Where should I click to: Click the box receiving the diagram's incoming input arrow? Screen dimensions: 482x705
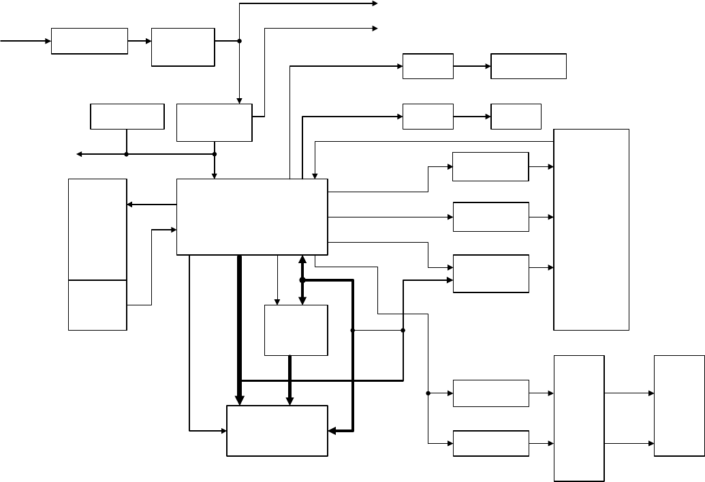coord(89,41)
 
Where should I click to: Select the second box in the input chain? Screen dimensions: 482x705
coord(183,47)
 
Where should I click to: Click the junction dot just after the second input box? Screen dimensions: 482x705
coord(240,41)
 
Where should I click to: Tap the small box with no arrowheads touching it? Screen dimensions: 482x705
coord(127,116)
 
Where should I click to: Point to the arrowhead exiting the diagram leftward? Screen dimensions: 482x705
coord(79,154)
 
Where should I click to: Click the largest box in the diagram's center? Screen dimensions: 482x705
coord(252,217)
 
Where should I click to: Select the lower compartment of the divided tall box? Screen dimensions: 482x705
coord(97,305)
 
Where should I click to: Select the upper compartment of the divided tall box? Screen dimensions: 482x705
coord(97,229)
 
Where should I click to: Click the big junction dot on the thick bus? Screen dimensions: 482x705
coord(302,280)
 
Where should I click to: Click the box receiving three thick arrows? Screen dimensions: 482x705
coord(277,431)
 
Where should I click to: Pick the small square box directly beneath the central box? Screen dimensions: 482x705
coord(296,330)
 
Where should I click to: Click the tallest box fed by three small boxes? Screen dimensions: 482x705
coord(591,229)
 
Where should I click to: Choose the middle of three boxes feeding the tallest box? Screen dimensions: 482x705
coord(490,217)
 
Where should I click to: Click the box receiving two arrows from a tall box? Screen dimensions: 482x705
coord(679,406)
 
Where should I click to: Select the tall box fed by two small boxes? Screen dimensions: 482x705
coord(580,418)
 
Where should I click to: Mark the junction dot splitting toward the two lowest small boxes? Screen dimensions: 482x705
coord(428,393)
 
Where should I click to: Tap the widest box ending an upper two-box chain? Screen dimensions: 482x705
coord(528,66)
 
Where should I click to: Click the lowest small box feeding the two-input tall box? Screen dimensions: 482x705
coord(490,443)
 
